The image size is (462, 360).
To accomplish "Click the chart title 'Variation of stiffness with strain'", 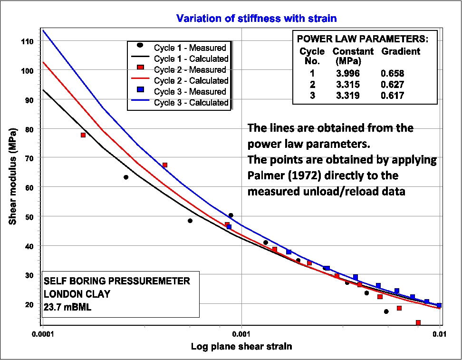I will pos(256,19).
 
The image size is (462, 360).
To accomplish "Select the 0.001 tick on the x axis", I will pos(242,333).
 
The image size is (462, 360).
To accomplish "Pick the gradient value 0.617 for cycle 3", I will pos(392,96).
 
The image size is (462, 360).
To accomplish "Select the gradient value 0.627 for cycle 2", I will pos(392,85).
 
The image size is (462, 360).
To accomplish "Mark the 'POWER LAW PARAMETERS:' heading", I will pos(363,39).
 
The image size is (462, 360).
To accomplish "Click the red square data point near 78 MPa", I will pos(83,135).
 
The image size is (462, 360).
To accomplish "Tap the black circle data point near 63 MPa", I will pos(126,177).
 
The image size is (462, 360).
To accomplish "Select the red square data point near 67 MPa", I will pos(165,165).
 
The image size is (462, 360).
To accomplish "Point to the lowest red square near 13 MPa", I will pos(418,322).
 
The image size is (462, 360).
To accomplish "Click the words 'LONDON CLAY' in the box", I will pos(77,294).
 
